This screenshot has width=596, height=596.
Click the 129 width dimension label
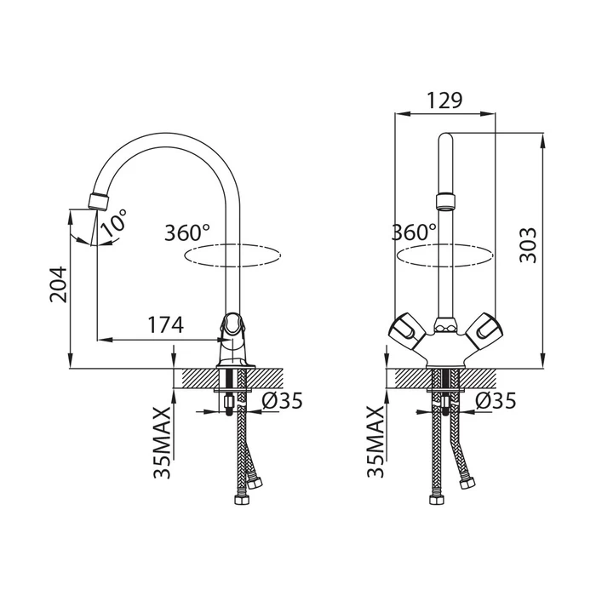tap(444, 100)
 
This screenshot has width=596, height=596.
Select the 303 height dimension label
tap(528, 245)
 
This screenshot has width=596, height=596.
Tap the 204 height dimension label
tap(59, 284)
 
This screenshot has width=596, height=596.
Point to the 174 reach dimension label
tap(165, 325)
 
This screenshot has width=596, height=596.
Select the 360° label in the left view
tap(187, 232)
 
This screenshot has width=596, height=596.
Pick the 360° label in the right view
tap(414, 232)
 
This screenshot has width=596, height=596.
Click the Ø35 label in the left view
tap(282, 400)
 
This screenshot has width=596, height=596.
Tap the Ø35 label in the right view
tap(496, 400)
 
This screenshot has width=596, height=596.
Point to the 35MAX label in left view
tap(161, 443)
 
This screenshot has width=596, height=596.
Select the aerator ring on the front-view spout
tap(445, 202)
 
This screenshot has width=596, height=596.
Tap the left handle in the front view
tap(405, 328)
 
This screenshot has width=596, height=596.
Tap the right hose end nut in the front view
tap(467, 483)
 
